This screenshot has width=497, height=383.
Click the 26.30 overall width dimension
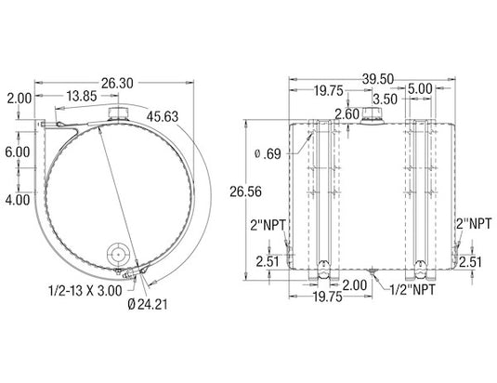117,84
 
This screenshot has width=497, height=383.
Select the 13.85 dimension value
82,96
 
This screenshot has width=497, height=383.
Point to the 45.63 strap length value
163,117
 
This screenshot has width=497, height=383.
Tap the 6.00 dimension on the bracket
18,152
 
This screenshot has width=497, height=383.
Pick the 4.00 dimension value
18,200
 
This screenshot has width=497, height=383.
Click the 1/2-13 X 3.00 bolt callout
85,291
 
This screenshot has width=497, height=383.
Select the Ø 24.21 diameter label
148,304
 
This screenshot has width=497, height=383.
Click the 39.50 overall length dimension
378,79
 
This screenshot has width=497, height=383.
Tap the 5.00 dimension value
420,89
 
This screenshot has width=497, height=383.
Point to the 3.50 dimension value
385,99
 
